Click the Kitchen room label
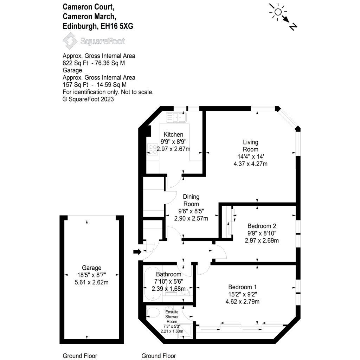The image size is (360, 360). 173,135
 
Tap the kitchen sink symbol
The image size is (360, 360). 176,117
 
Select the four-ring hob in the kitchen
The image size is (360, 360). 152,149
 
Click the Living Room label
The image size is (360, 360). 250,146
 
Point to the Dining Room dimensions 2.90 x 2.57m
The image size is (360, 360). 191,218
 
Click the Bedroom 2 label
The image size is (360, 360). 262,226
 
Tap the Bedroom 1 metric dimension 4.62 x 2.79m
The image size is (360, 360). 243,301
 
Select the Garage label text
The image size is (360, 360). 91,268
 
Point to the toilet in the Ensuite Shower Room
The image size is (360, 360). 153,313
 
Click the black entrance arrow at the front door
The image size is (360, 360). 137,252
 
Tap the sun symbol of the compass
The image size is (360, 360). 278,12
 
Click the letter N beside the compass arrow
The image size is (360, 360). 293,26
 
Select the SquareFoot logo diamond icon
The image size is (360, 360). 70,41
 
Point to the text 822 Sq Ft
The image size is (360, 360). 75,63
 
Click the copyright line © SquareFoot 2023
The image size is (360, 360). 88,99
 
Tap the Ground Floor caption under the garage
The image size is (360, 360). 80,356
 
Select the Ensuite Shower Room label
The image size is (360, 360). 172,317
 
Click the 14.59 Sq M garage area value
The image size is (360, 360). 111,85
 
